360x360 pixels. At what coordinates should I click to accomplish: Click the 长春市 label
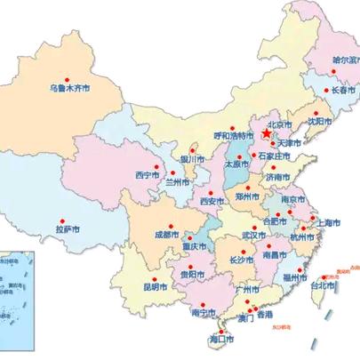[x=343, y=90]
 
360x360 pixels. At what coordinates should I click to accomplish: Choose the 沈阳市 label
[x=319, y=121]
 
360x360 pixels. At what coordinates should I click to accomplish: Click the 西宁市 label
[x=147, y=172]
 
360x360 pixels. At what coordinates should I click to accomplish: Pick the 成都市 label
[x=166, y=235]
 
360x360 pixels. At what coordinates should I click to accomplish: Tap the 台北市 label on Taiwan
[x=323, y=286]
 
